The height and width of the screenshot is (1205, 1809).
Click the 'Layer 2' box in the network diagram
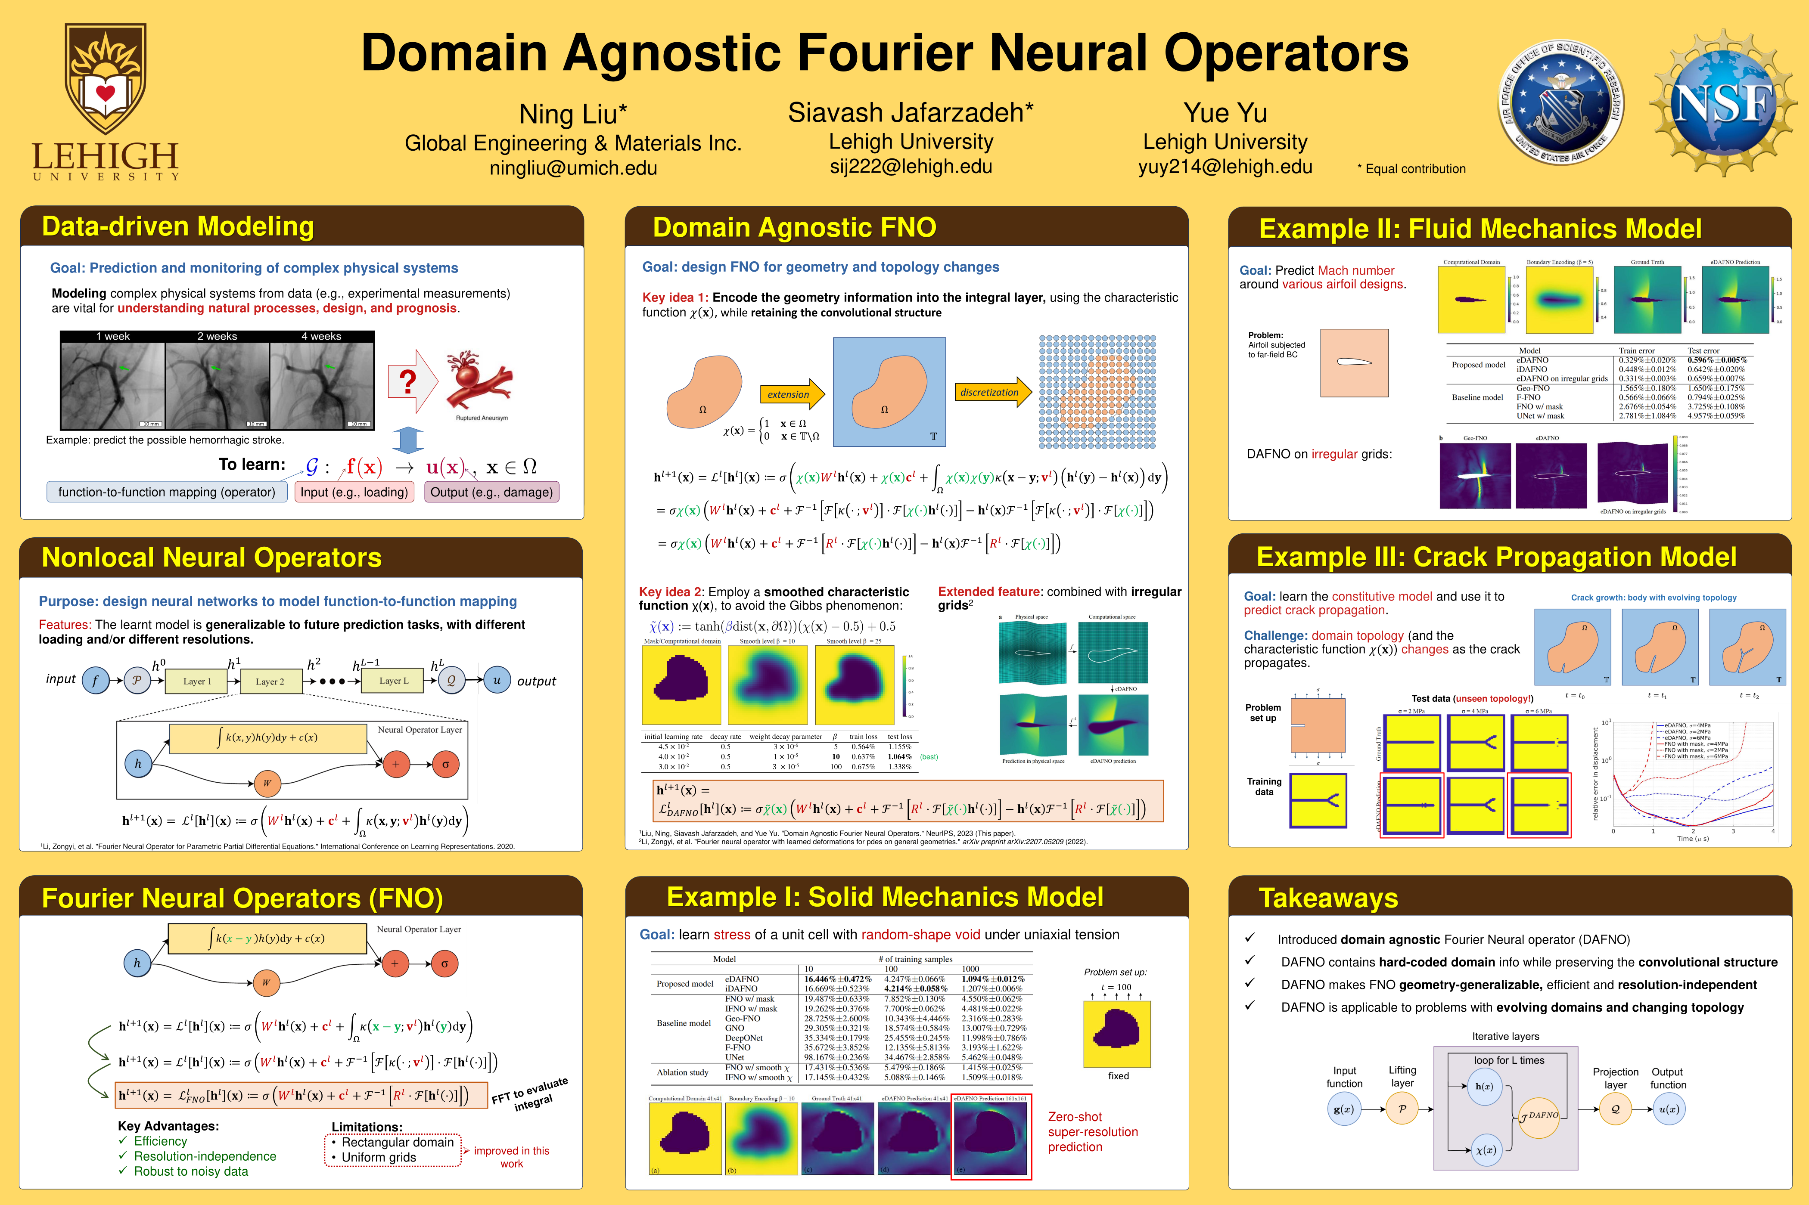click(x=270, y=681)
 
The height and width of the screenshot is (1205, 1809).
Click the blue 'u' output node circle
click(x=497, y=680)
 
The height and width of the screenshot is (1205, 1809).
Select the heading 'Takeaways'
click(x=1328, y=898)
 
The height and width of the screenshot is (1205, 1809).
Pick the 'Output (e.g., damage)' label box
click(x=491, y=492)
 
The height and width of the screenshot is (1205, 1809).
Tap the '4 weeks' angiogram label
click(x=321, y=337)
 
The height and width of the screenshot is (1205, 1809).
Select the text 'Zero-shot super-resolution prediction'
click(x=1092, y=1131)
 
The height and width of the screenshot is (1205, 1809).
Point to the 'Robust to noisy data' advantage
click(x=191, y=1171)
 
